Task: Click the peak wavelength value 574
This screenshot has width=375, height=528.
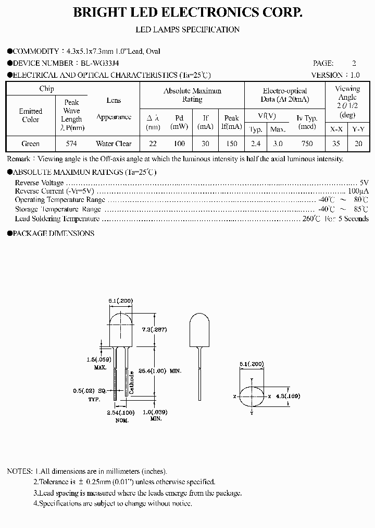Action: tap(72, 143)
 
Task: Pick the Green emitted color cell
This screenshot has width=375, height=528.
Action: tap(31, 143)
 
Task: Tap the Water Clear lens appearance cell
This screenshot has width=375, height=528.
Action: tap(114, 143)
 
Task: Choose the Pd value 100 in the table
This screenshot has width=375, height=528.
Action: tap(179, 143)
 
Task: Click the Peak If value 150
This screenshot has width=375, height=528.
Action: tap(232, 143)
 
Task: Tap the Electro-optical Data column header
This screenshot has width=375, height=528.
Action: tap(285, 95)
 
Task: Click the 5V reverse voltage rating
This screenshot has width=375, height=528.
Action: tap(364, 183)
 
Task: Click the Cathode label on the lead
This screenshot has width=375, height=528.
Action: tap(132, 382)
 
